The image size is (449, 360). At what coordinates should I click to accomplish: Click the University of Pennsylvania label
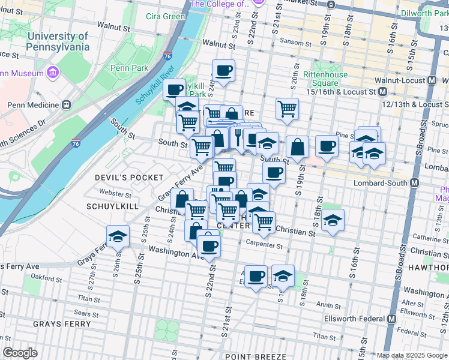(58, 41)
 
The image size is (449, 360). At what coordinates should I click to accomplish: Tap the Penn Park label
(129, 68)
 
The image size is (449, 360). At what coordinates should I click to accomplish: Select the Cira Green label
(165, 16)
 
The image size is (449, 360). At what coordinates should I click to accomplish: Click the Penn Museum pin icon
(53, 73)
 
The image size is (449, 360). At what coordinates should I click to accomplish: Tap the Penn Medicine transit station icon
(67, 104)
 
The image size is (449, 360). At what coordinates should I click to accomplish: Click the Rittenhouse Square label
(325, 79)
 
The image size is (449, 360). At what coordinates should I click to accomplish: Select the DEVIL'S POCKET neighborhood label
(129, 178)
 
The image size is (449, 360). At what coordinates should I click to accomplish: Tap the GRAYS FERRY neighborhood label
(62, 324)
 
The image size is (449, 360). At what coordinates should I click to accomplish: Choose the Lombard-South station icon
(414, 182)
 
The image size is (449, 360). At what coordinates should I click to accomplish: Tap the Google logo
(20, 353)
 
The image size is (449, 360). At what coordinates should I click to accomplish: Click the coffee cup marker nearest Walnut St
(223, 70)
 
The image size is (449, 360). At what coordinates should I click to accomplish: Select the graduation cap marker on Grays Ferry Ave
(118, 236)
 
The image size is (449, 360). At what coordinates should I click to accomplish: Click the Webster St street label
(115, 194)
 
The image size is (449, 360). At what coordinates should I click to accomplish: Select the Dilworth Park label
(426, 12)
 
